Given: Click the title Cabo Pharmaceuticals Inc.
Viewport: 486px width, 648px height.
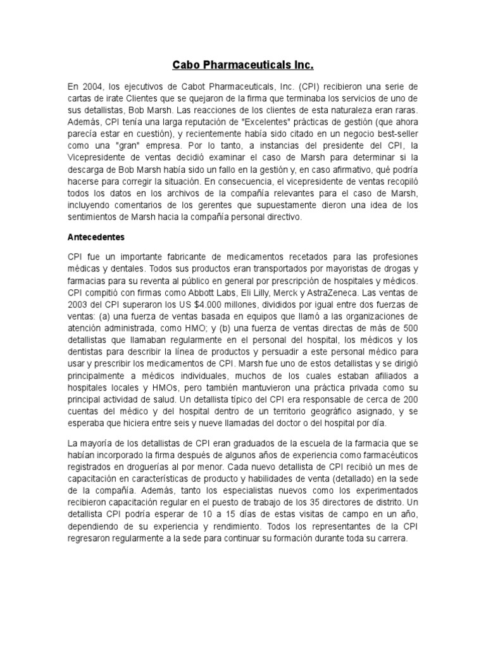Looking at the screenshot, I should (x=243, y=65).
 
